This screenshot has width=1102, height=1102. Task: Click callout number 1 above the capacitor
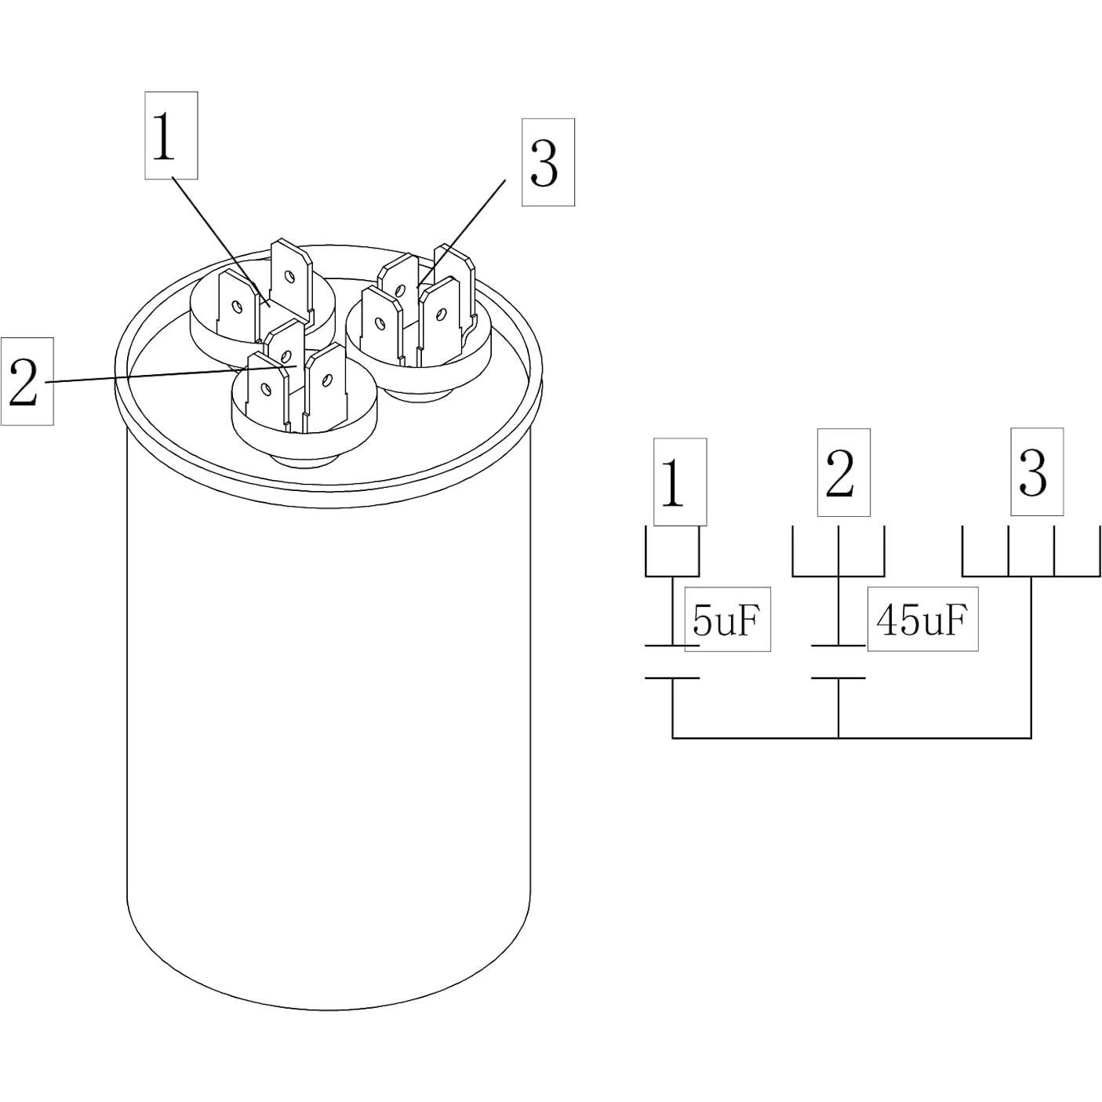point(171,135)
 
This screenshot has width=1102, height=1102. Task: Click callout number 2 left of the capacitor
point(27,381)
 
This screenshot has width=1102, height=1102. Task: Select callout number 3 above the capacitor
point(547,162)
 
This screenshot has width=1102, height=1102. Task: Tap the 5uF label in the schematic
point(727,619)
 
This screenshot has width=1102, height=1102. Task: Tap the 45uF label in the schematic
point(922,619)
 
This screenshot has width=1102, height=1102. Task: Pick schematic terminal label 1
point(679,482)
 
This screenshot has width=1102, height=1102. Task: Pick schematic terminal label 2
point(843,472)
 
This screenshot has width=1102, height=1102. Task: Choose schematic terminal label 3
point(1036,471)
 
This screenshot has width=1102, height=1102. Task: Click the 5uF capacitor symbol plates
point(672,662)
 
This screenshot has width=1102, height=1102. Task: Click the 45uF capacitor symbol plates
point(838,662)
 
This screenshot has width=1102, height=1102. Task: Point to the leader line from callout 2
point(157,375)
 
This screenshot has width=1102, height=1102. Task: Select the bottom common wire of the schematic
point(851,737)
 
